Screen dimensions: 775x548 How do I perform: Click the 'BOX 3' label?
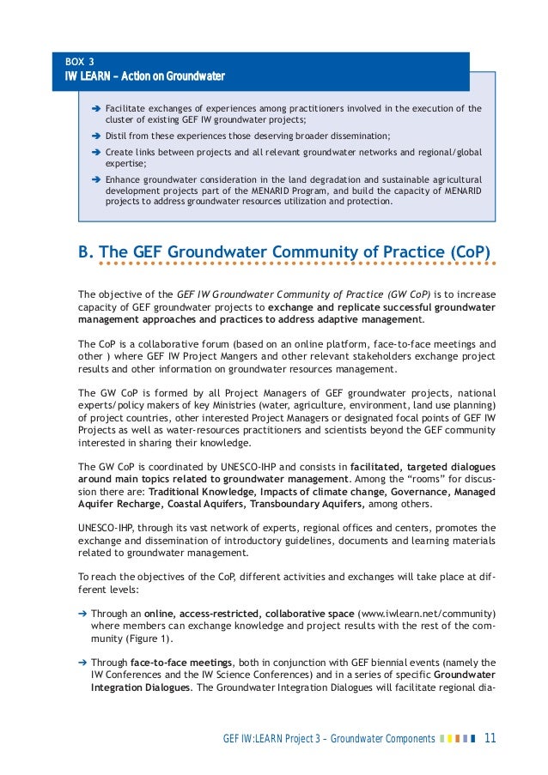click(x=80, y=62)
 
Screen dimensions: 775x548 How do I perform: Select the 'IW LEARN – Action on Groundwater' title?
click(x=145, y=77)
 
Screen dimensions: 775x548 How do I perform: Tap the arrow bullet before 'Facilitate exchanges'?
click(x=95, y=109)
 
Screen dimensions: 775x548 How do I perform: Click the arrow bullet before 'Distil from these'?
click(x=95, y=136)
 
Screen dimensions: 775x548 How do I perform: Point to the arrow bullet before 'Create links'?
click(x=95, y=152)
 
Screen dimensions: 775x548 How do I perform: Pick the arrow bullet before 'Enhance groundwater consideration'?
click(x=95, y=179)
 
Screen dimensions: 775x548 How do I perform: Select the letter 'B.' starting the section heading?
click(x=86, y=252)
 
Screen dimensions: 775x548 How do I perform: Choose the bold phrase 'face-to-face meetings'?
click(x=181, y=663)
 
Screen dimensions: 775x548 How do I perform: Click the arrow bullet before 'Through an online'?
click(x=82, y=615)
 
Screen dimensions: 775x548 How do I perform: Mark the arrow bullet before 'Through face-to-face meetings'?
click(x=82, y=663)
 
